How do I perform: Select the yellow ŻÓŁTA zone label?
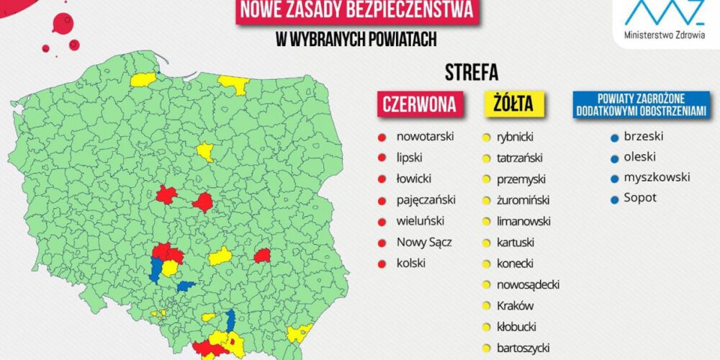[513, 104]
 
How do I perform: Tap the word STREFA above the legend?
[472, 73]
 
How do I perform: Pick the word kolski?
[411, 263]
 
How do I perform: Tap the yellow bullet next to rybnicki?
[487, 136]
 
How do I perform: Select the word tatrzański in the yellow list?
[520, 158]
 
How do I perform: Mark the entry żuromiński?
[523, 199]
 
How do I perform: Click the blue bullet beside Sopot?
[613, 198]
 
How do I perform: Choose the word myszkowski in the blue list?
[657, 177]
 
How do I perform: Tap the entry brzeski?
[644, 135]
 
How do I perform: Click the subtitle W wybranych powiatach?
[357, 40]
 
